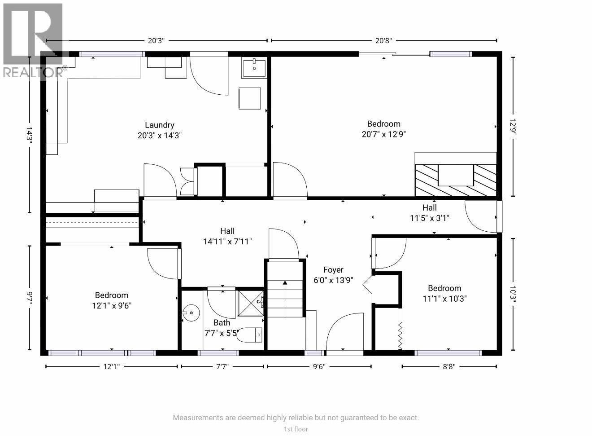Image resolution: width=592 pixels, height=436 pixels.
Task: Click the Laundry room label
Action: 159,125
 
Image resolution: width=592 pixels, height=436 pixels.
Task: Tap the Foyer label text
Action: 333,270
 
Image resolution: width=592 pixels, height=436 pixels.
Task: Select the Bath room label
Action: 222,322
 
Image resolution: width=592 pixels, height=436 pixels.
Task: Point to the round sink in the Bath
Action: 192,312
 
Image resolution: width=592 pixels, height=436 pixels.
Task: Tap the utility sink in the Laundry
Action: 254,68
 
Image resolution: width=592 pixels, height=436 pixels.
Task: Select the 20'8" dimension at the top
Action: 383,40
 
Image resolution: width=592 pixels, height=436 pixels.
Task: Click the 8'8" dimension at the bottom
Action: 449,366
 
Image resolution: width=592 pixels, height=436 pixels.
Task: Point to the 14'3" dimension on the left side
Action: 30,134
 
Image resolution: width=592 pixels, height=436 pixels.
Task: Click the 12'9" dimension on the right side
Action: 513,126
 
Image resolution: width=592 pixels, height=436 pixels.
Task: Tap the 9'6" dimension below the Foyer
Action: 318,366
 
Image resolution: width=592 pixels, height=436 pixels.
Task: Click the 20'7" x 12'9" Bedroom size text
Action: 383,134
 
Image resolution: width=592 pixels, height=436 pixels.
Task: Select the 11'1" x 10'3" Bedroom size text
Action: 444,298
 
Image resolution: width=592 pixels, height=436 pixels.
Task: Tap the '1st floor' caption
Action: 296,429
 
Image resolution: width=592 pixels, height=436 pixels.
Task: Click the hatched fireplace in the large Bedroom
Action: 455,180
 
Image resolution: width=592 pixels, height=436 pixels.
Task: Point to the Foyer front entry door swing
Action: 344,332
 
